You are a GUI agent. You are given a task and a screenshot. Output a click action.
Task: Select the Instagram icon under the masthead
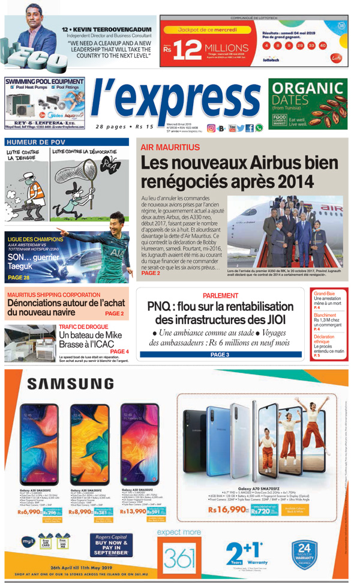pyautogui.click(x=211, y=128)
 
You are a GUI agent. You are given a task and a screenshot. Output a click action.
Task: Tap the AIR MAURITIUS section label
pyautogui.click(x=170, y=147)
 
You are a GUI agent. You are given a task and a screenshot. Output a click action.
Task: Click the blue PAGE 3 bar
pyautogui.click(x=220, y=355)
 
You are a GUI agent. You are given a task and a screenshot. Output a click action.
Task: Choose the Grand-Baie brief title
pyautogui.click(x=325, y=294)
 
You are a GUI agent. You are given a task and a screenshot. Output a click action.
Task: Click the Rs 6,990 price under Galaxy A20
pyautogui.click(x=29, y=512)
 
